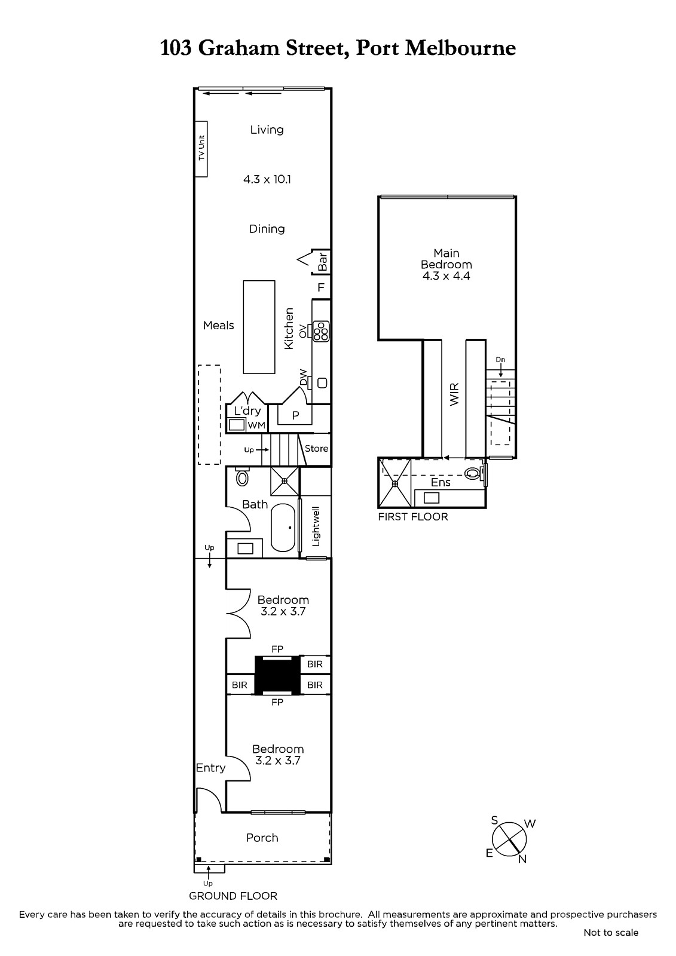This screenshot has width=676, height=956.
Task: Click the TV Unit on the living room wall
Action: point(201,149)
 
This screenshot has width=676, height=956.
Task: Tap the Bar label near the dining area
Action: point(323,262)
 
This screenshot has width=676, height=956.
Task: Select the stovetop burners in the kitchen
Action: point(321,331)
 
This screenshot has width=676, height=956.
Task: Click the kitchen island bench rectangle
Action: point(259,327)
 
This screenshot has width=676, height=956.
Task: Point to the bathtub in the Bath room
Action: point(283,528)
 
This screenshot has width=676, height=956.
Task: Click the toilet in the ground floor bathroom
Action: point(242,477)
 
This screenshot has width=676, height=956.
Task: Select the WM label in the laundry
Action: point(256,425)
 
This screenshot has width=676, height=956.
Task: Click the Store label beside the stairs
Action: point(316,449)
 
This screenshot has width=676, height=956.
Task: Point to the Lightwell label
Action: point(316,526)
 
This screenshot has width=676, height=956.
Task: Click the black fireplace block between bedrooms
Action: point(277,675)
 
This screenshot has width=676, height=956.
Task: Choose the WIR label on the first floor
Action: point(454,394)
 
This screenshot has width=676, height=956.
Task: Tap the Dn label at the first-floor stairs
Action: point(500,360)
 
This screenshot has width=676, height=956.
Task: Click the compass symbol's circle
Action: point(509,839)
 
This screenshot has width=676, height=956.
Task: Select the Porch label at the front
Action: point(262,838)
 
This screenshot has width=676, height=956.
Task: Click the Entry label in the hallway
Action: point(210,768)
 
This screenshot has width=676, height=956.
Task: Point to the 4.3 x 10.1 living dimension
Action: point(267,179)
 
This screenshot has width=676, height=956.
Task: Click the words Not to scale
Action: point(611,933)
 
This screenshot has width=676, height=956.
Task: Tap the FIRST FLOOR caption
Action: point(413,517)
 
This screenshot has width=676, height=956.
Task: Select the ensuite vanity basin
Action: point(432,498)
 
